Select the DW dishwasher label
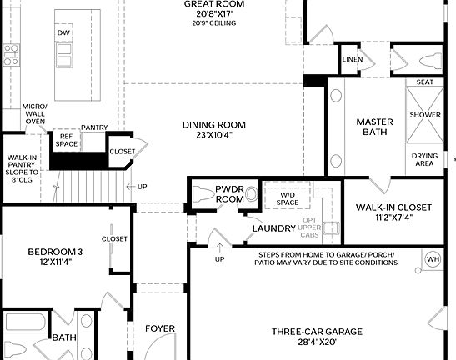point(63,32)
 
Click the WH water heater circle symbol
point(432,259)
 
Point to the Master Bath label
point(374,127)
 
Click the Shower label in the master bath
point(424,114)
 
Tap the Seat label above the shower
point(424,82)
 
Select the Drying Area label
point(424,158)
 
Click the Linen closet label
point(351,60)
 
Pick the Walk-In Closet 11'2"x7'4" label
point(393,212)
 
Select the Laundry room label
point(274,227)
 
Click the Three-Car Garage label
point(317,336)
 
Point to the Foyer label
point(160,328)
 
